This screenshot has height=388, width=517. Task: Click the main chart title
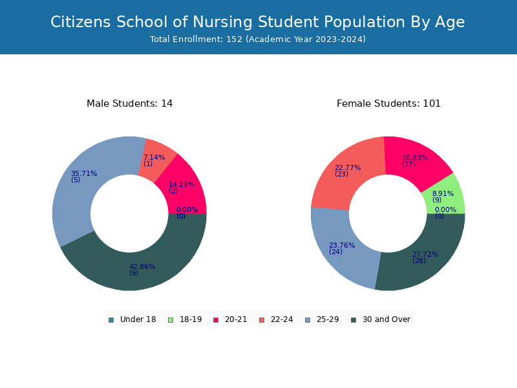pos(257,22)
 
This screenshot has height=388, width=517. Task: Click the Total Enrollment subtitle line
pos(257,39)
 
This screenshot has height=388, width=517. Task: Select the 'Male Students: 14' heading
pos(130,103)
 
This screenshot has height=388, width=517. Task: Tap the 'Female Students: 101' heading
pos(388,103)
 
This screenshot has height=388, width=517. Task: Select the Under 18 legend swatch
pos(111,320)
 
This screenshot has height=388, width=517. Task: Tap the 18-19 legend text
pos(191,319)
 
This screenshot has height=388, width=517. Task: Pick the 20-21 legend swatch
pos(216,320)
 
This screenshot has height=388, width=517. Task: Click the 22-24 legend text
pos(282,319)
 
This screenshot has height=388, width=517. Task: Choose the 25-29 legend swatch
pos(308,320)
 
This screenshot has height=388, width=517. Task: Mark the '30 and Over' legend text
pos(386,319)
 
